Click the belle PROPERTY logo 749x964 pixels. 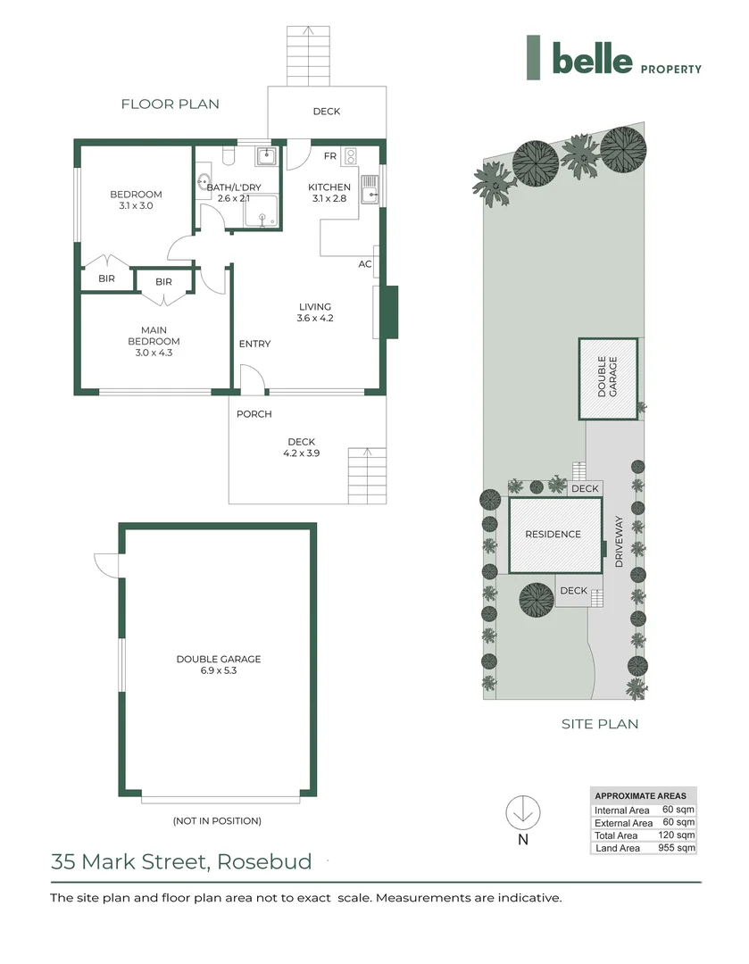click(614, 59)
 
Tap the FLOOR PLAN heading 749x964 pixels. click(170, 104)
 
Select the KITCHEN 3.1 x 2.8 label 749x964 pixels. click(329, 193)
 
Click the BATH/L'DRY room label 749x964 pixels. click(228, 193)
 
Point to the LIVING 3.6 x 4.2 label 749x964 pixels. click(315, 312)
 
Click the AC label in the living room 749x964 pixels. click(364, 264)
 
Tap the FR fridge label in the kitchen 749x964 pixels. click(329, 156)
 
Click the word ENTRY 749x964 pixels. click(254, 345)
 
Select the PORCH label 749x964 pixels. click(254, 414)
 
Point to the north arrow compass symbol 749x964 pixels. click(523, 812)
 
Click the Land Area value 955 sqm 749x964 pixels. click(679, 847)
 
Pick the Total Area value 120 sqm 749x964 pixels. click(679, 835)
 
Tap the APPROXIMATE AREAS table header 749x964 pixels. click(640, 796)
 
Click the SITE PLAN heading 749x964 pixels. click(600, 724)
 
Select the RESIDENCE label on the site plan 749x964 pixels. click(553, 535)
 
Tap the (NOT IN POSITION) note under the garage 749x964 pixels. click(217, 820)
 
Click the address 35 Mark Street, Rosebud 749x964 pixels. click(181, 862)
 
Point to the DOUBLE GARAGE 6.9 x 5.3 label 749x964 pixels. click(218, 664)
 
